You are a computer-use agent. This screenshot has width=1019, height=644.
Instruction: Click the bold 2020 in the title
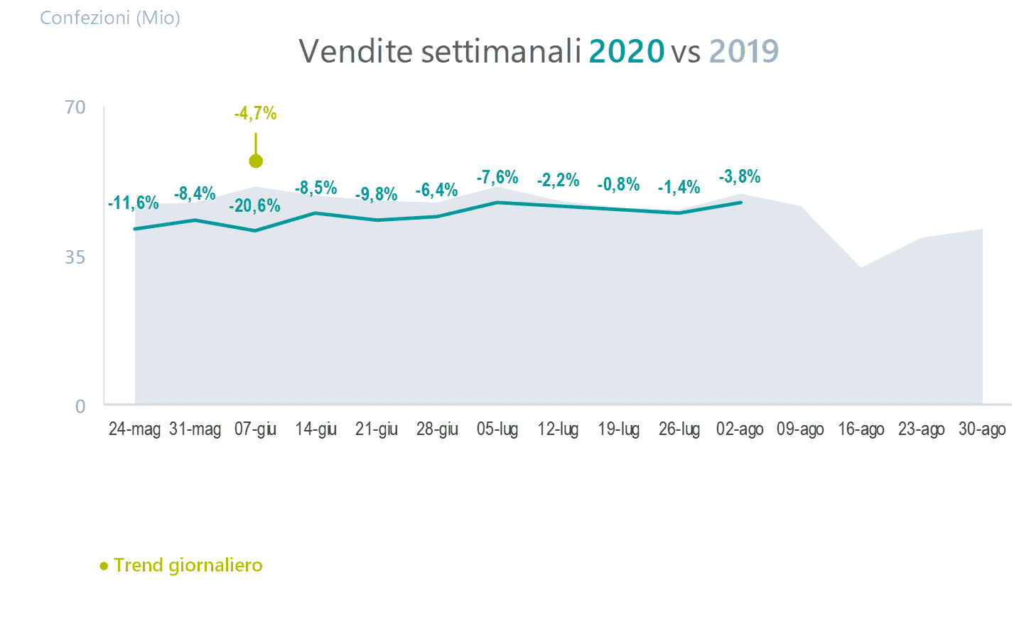coord(626,51)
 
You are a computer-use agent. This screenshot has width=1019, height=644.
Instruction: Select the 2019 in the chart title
coord(743,51)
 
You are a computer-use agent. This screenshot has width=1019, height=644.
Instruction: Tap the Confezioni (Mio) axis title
coord(110,18)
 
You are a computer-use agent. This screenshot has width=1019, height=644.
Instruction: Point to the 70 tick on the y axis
coord(75,107)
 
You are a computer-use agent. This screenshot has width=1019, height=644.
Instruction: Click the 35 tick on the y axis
coord(75,257)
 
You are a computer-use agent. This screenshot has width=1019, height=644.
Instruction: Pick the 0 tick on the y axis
coord(80,406)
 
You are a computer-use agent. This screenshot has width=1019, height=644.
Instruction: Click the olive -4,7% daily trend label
coord(255,113)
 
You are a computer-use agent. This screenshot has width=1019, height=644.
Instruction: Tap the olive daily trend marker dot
coord(256,161)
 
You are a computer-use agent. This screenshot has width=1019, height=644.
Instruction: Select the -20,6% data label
coord(254,206)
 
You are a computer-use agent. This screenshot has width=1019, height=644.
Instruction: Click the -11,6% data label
coord(134,203)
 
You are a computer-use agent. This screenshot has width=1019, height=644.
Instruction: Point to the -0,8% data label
coord(618,185)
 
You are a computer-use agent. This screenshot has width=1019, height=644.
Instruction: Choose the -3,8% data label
coord(740,176)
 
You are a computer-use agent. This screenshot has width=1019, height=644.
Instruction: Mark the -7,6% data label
coord(497,177)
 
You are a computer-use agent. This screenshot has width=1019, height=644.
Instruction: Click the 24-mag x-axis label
coord(134,429)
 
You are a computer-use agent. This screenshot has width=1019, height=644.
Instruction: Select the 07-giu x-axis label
coord(255,429)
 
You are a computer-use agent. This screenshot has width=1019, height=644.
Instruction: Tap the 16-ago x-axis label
coord(861,429)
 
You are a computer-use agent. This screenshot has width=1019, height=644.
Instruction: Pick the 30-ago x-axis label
coord(982,429)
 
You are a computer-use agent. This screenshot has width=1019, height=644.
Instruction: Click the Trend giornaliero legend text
coord(188,565)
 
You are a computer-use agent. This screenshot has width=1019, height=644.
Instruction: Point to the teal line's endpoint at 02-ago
coord(740,203)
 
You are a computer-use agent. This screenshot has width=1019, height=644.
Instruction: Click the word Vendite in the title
coord(355,51)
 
